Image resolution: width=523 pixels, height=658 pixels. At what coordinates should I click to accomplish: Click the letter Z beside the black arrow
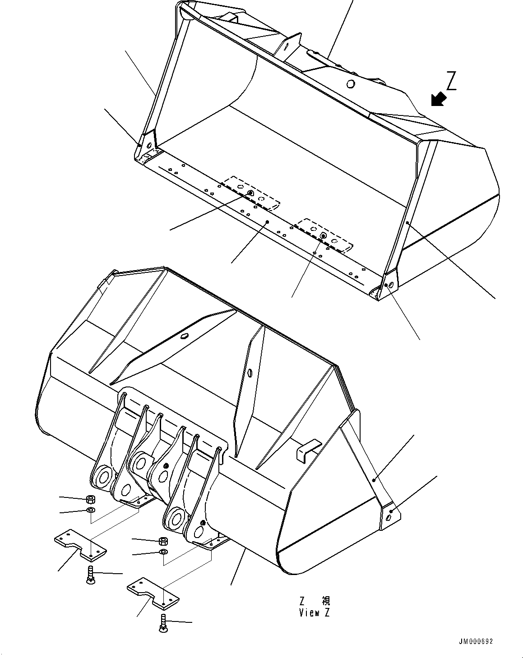[x=452, y=81]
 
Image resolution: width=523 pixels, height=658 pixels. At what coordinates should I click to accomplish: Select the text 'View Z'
[x=315, y=613]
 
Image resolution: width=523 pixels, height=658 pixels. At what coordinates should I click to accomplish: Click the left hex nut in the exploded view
[x=90, y=499]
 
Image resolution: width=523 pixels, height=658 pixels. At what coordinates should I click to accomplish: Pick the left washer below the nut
[x=90, y=510]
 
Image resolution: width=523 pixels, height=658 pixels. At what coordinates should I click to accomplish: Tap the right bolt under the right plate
[x=163, y=624]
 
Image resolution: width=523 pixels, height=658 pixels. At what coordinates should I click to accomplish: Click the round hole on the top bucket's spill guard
[x=350, y=83]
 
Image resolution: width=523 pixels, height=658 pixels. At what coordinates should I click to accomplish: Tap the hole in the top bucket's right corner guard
[x=390, y=285]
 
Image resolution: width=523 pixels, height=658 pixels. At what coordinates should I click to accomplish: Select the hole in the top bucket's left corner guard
[x=148, y=145]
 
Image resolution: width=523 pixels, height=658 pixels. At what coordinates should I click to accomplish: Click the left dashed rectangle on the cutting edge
[x=251, y=193]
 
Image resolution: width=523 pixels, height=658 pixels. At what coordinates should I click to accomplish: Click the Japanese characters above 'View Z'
[x=315, y=601]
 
